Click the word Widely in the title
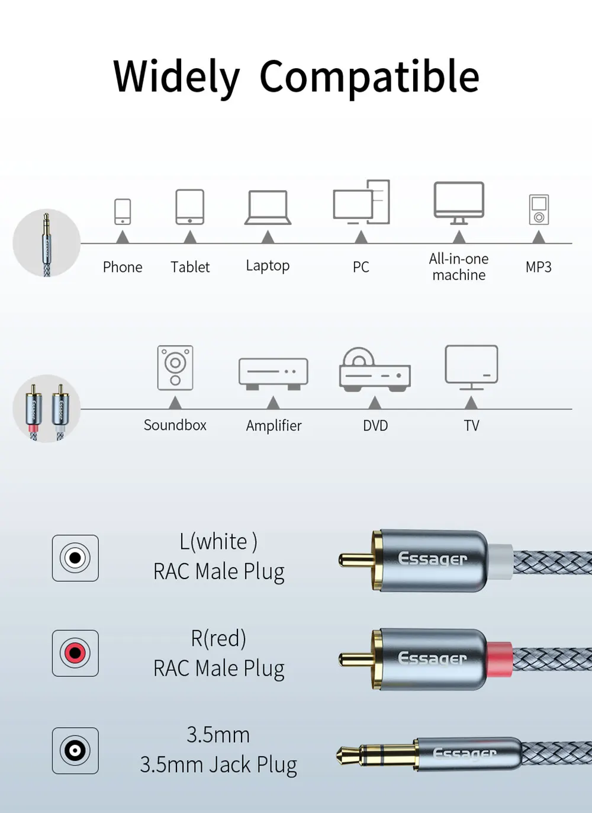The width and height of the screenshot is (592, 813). click(x=176, y=77)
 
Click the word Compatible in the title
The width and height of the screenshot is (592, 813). click(x=369, y=77)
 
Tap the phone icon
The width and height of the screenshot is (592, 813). click(x=123, y=211)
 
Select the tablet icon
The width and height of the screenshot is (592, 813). click(x=189, y=207)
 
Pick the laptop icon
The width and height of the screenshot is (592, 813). click(x=268, y=207)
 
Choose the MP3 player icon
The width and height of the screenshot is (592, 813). click(x=539, y=210)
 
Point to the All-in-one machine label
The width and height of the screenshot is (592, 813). click(x=458, y=266)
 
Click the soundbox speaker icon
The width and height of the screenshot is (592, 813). click(x=175, y=368)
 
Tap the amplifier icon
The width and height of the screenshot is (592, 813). click(x=273, y=374)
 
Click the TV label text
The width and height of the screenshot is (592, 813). click(x=471, y=426)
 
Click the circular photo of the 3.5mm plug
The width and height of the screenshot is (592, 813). click(x=47, y=243)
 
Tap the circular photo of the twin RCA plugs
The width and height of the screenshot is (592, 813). click(x=47, y=409)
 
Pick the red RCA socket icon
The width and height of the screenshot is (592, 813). click(x=75, y=653)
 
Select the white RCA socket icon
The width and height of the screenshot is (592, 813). click(x=75, y=558)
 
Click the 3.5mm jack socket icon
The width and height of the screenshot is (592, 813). click(x=75, y=750)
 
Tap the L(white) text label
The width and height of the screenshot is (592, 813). click(x=218, y=542)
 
